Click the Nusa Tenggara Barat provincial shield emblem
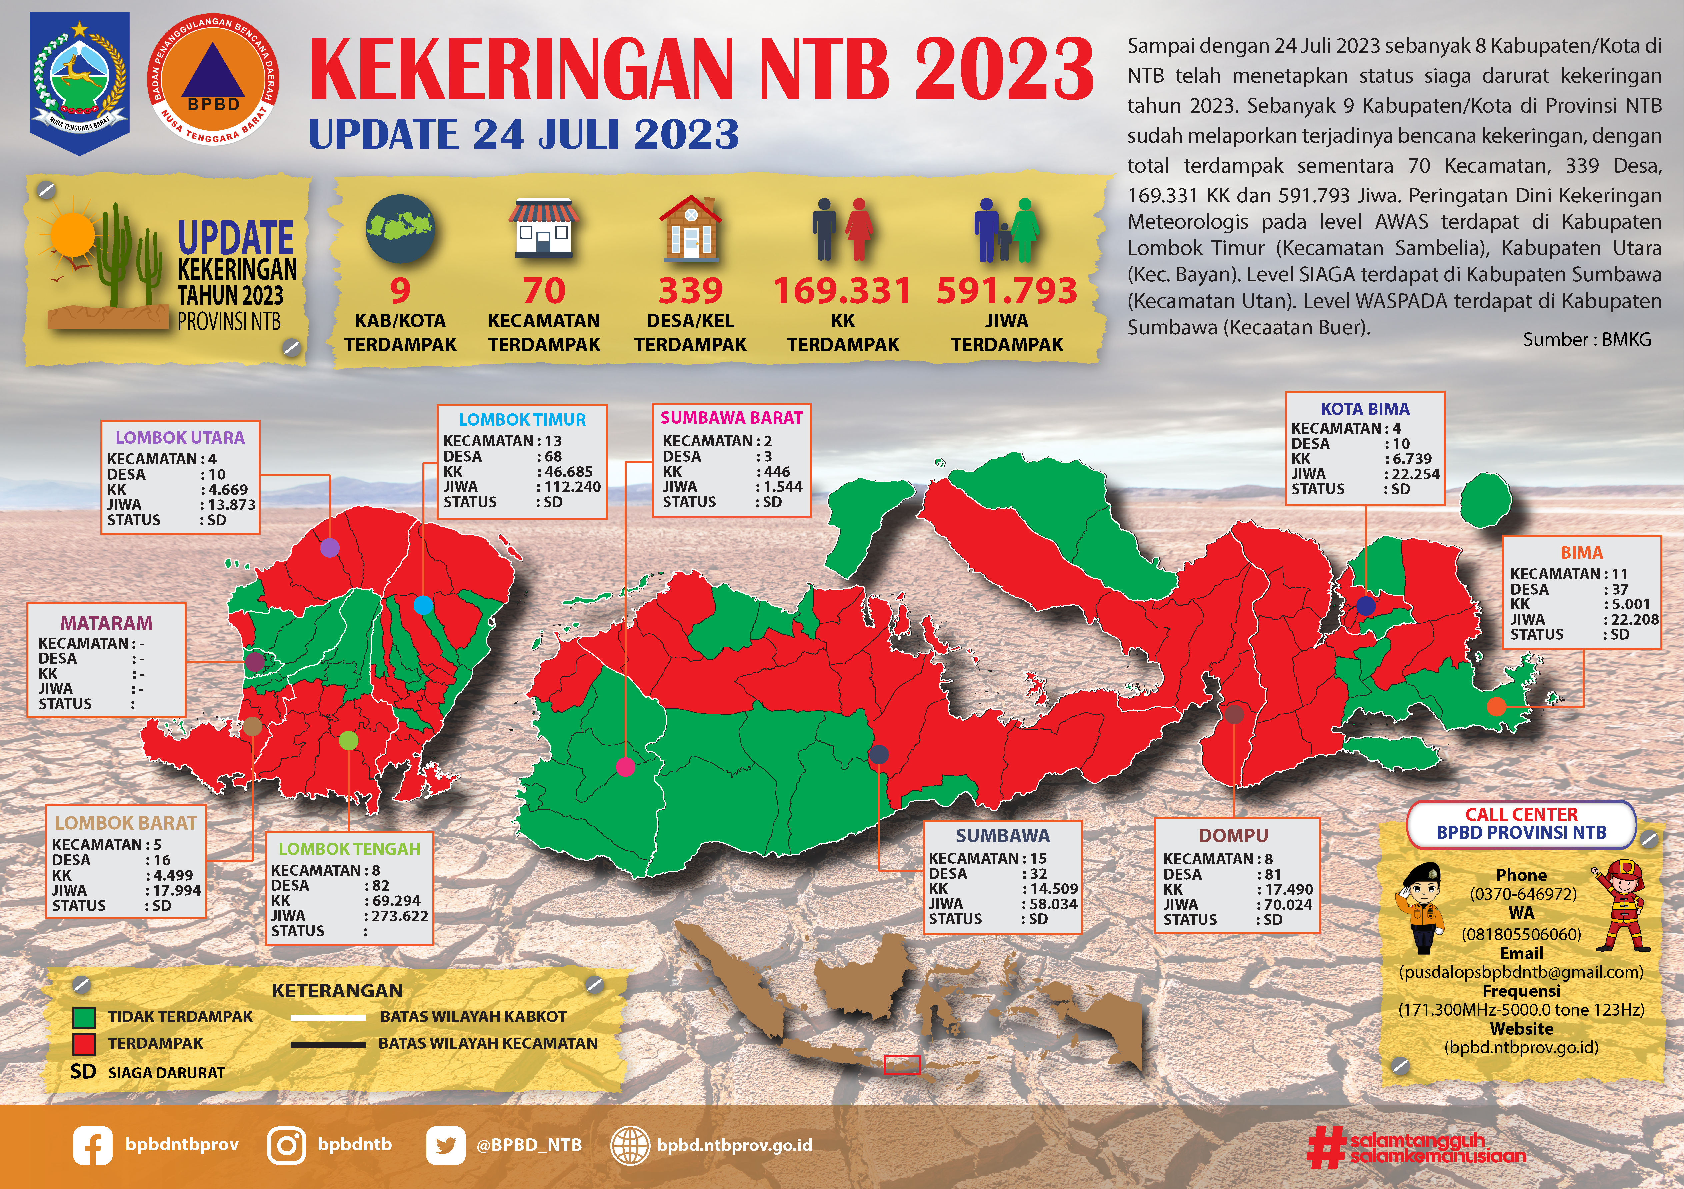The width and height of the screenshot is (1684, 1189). (x=79, y=82)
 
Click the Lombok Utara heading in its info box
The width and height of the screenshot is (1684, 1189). (x=180, y=438)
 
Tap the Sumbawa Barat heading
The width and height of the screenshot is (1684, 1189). (x=731, y=418)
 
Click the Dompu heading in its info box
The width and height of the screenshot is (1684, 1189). (x=1233, y=836)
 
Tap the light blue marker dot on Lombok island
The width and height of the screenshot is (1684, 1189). (x=423, y=605)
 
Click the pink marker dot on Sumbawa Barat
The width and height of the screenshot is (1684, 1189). (x=625, y=767)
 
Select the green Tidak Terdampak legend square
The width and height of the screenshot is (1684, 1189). (x=84, y=1017)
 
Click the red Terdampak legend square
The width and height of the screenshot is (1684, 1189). (x=84, y=1044)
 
